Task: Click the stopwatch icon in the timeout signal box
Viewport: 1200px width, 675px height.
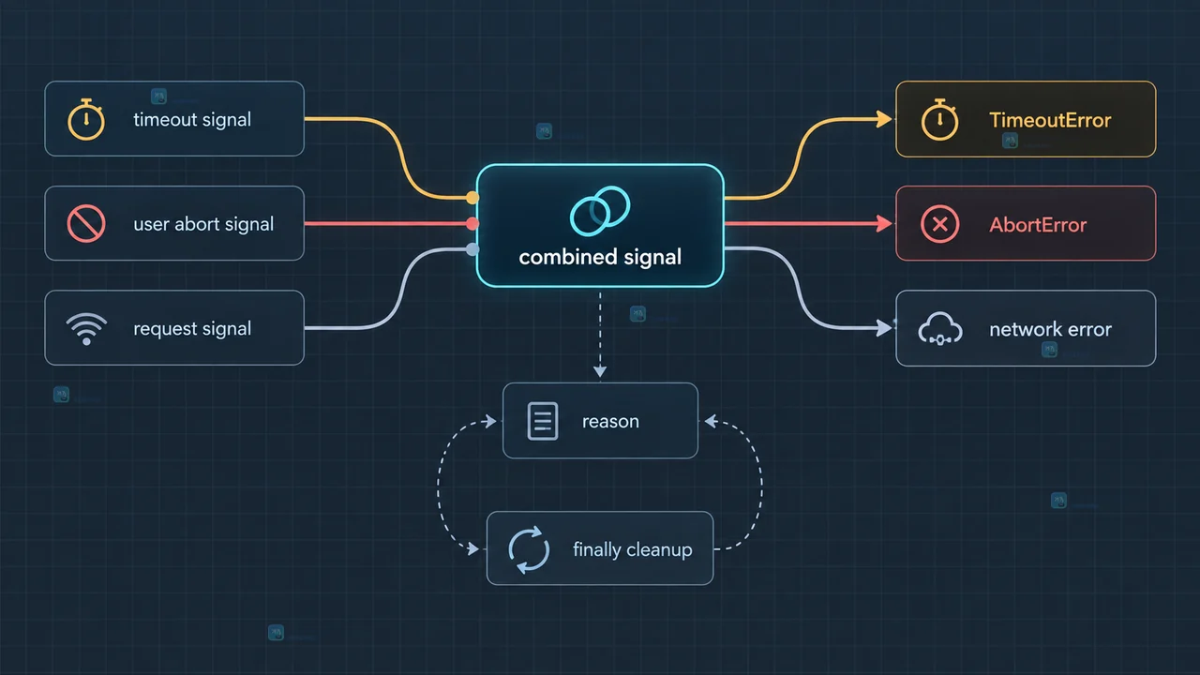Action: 85,119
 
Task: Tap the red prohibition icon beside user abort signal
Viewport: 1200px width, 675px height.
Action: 85,223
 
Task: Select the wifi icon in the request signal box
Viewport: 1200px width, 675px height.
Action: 86,328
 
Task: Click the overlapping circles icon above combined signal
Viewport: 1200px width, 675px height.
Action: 600,211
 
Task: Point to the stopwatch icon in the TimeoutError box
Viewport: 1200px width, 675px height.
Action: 939,120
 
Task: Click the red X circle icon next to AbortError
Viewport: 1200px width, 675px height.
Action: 939,224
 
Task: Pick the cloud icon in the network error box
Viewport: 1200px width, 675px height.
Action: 940,328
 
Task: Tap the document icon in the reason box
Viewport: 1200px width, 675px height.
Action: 543,421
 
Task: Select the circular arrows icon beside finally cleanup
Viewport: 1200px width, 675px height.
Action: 529,549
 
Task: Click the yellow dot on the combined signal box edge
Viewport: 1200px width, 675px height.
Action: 472,198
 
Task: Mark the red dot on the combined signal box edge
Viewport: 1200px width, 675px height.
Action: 472,223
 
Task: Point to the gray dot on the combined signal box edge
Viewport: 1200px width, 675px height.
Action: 472,249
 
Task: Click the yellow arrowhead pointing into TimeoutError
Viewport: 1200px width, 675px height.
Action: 884,119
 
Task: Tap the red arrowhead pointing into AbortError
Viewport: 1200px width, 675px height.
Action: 884,223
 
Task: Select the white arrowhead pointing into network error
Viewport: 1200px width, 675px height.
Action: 884,328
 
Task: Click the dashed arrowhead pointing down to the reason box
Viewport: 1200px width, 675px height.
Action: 600,371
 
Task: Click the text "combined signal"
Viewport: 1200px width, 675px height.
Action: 600,257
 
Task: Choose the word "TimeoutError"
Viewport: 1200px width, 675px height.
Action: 1050,120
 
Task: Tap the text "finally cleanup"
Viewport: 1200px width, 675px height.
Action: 633,549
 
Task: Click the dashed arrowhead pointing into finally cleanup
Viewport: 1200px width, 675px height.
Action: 473,548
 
